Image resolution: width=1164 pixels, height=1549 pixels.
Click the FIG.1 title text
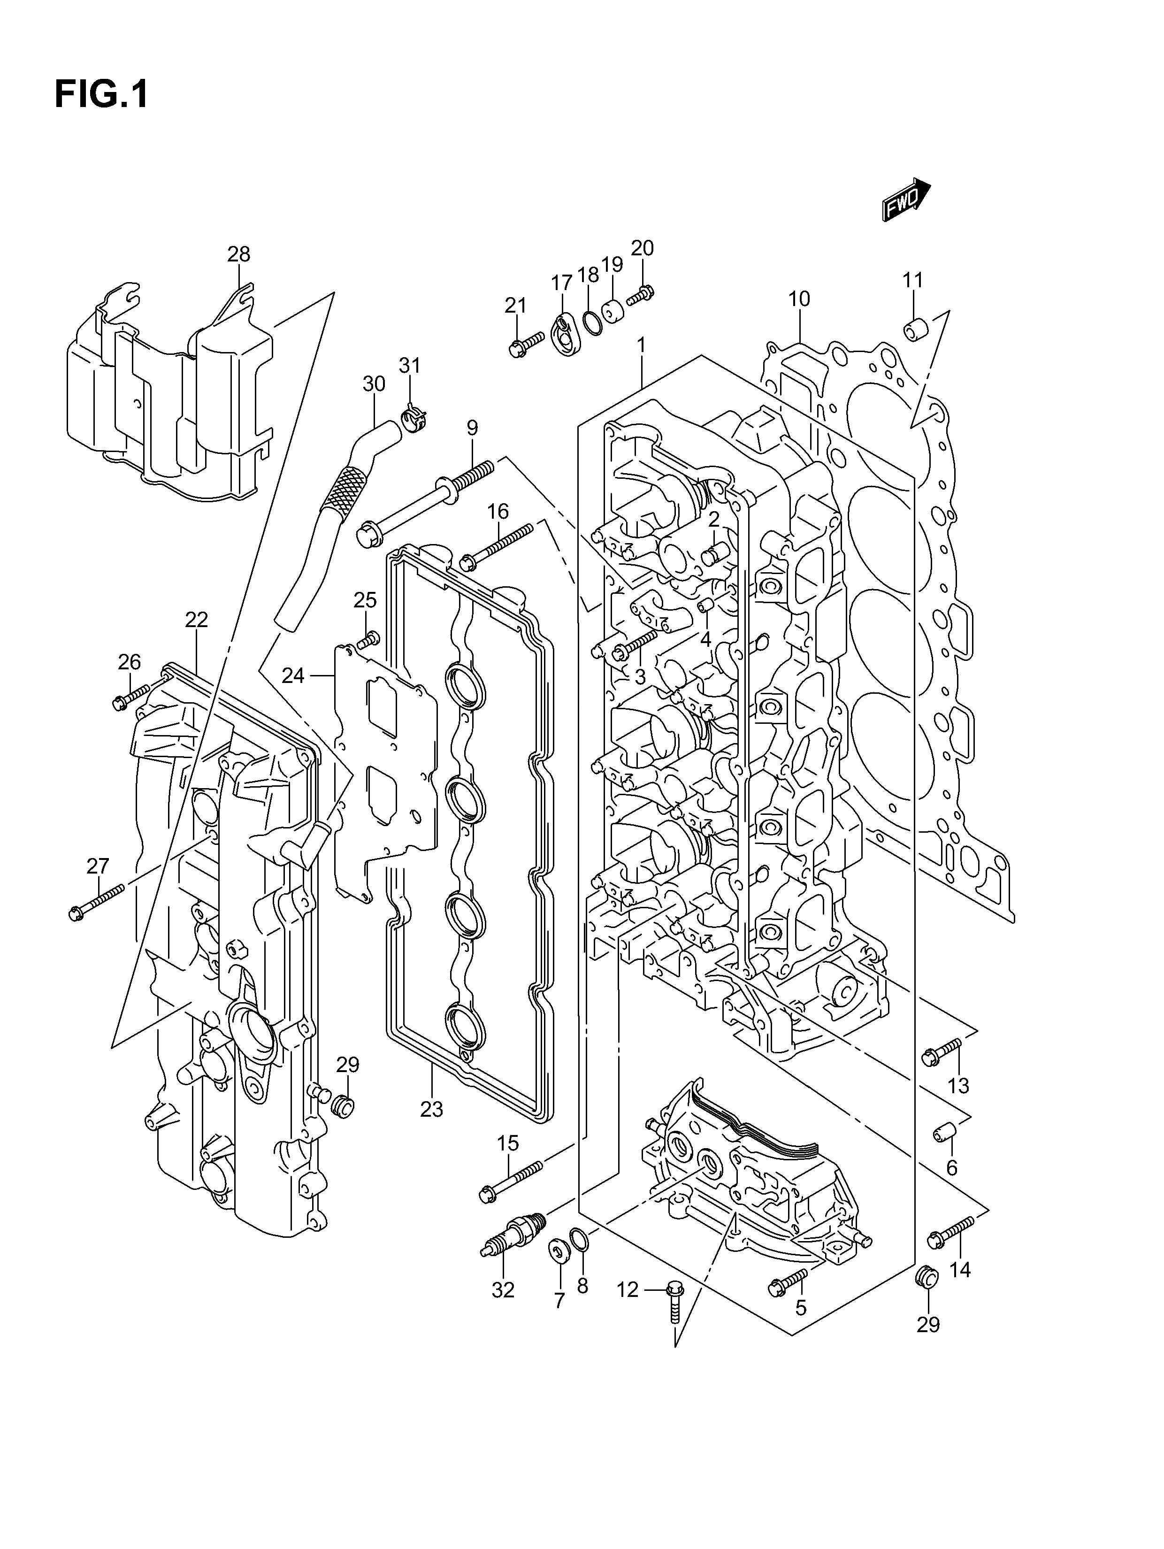(x=101, y=94)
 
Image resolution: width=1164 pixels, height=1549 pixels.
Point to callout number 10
(x=799, y=299)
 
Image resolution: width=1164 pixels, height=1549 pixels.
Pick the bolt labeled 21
(x=526, y=345)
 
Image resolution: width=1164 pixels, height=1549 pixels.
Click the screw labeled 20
(x=640, y=296)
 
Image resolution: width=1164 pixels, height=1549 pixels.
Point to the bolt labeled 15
(x=511, y=1181)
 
